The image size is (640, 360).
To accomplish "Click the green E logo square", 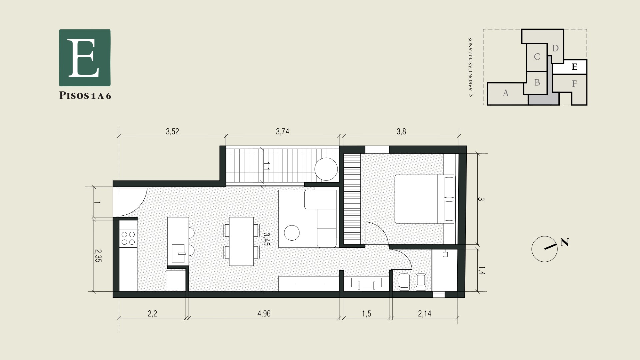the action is click(85, 58).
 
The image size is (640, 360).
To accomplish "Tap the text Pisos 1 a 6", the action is click(85, 96).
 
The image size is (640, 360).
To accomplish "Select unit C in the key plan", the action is click(537, 57).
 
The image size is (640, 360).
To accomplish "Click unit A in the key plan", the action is click(506, 93).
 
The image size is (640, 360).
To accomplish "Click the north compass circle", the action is click(544, 249).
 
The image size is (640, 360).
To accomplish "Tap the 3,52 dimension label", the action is click(172, 132).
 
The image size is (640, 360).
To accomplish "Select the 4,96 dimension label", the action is click(264, 314).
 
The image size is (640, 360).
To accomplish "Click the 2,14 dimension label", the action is click(425, 314).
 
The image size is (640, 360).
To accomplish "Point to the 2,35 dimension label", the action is click(98, 256).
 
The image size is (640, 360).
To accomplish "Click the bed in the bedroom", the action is click(425, 199).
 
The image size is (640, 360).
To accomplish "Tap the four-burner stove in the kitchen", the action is click(128, 238).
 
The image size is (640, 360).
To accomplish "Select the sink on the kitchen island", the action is click(178, 254).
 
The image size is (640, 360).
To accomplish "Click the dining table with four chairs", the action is click(242, 241).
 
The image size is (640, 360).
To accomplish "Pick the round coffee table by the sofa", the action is click(292, 233).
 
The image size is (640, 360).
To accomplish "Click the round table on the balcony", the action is click(326, 169).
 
